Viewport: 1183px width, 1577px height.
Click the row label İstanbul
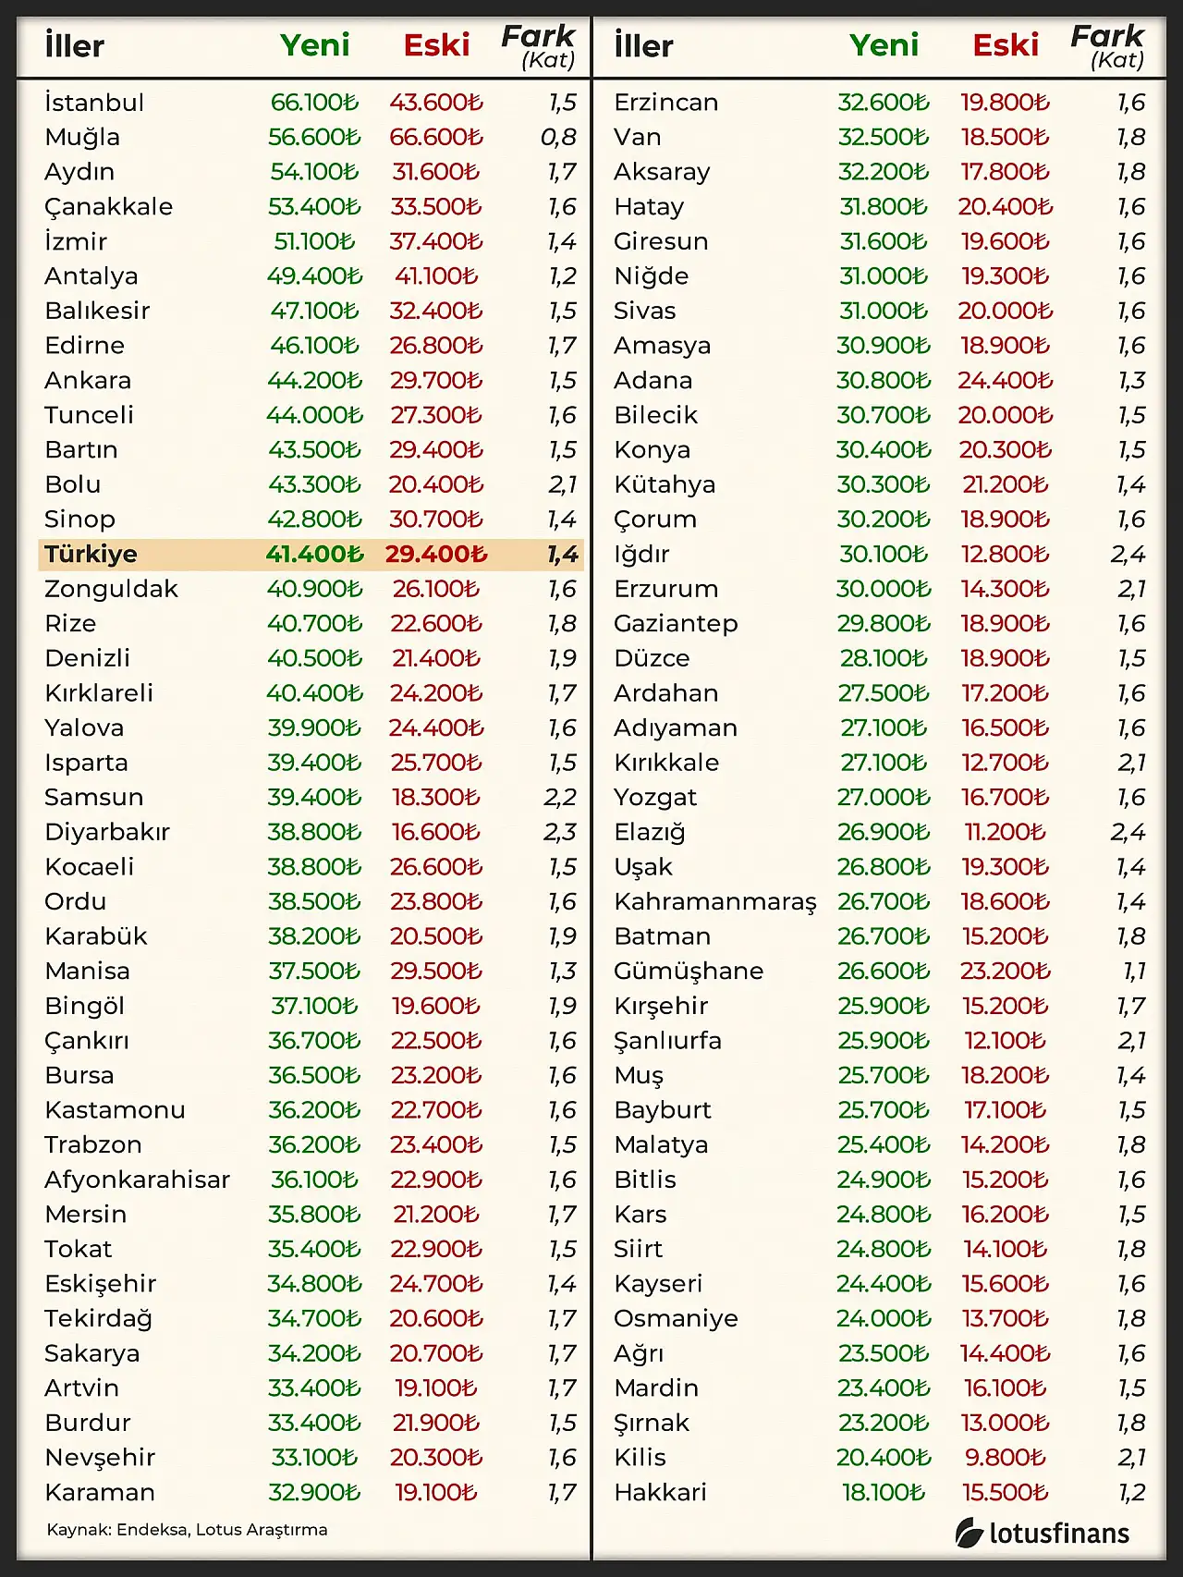[x=94, y=103]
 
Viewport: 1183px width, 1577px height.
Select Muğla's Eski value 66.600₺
[x=435, y=138]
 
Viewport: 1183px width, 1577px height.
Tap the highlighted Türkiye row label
[x=91, y=555]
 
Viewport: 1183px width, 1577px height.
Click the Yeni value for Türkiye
[x=314, y=555]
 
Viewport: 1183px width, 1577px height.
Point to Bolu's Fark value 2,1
[x=562, y=484]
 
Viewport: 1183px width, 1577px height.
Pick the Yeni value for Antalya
[x=314, y=276]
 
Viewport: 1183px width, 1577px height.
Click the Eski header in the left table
[x=436, y=45]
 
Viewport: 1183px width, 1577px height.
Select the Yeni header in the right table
[x=884, y=45]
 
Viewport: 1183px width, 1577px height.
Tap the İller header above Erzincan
[x=643, y=45]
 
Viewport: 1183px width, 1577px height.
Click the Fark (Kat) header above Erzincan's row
[x=1107, y=47]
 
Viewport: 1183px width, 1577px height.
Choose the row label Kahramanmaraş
[x=715, y=902]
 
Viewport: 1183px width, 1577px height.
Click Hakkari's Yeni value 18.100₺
[x=884, y=1493]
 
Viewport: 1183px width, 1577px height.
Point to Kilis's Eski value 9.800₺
[x=1005, y=1458]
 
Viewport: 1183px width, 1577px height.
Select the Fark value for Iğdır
[x=1128, y=555]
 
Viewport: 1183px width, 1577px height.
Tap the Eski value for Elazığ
[x=1005, y=833]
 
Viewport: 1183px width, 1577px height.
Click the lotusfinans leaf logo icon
[x=969, y=1533]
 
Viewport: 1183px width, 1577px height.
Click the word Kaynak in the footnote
[x=78, y=1530]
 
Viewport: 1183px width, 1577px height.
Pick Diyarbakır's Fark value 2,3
[x=560, y=833]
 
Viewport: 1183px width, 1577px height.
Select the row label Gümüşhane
[x=689, y=972]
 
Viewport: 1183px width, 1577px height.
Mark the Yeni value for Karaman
[x=314, y=1493]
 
